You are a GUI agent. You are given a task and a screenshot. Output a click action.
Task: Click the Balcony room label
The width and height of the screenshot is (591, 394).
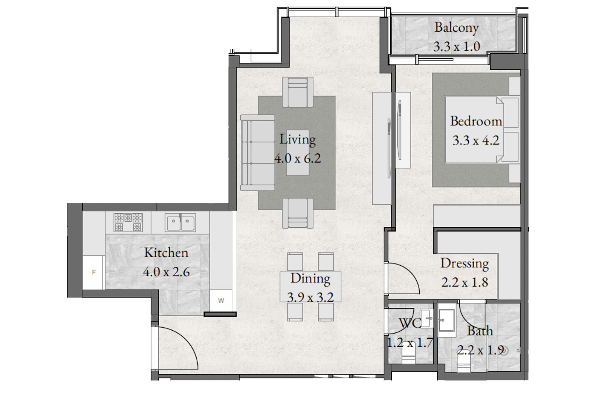456,28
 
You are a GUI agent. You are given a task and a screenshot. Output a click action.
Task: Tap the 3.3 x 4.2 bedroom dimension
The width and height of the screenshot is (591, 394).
476,140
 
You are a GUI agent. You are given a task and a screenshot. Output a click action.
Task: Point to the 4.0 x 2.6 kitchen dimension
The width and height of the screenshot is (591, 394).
166,272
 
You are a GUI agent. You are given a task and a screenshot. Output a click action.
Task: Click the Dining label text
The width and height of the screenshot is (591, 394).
310,279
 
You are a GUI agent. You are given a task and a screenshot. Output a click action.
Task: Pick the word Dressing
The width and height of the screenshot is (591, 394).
465,264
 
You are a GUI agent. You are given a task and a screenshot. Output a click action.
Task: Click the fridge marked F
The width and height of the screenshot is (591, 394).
92,273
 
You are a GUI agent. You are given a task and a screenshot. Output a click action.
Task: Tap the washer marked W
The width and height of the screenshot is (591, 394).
221,301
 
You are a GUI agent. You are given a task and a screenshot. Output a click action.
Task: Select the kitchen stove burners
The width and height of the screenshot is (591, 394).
128,222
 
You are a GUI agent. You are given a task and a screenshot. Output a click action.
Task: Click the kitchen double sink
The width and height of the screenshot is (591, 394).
181,223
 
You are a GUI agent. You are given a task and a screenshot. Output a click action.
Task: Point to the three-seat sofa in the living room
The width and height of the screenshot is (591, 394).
258,152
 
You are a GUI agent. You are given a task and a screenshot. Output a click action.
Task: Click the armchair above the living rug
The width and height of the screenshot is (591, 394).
298,92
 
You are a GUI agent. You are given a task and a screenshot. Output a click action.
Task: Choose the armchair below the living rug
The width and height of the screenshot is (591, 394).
298,213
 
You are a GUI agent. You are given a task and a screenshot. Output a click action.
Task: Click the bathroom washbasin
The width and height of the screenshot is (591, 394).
447,321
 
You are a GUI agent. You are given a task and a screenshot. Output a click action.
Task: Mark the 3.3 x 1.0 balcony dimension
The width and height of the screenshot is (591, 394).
457,47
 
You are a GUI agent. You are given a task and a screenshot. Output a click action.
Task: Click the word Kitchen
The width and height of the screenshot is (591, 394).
166,253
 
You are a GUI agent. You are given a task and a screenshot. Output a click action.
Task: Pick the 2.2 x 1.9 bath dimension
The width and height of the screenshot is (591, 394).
480,350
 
